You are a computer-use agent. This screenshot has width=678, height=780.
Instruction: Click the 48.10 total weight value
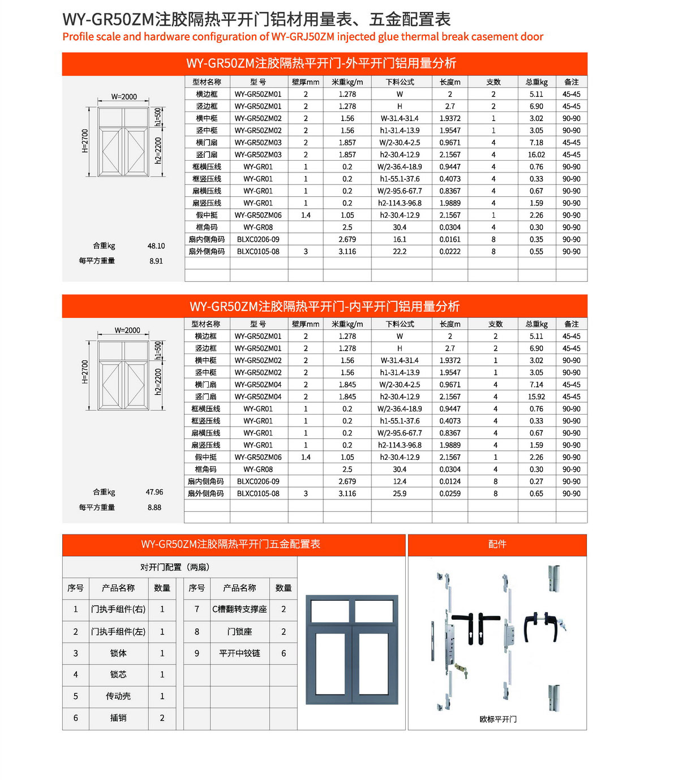156,246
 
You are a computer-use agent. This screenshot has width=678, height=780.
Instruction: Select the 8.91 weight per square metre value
156,261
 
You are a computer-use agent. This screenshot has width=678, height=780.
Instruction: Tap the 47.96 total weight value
155,492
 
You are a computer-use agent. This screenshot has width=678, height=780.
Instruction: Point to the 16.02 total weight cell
536,155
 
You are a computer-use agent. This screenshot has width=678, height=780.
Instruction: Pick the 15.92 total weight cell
536,397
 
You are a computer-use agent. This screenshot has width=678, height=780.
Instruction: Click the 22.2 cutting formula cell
400,252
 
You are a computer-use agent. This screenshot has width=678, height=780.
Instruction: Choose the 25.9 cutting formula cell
400,494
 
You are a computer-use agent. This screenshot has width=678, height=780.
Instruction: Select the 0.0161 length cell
450,240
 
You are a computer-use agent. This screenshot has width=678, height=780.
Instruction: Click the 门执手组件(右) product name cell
118,609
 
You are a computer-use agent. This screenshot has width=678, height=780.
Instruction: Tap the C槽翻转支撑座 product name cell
239,609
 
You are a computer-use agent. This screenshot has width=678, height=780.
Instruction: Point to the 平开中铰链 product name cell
239,653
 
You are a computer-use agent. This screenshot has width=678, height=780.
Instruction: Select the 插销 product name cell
118,718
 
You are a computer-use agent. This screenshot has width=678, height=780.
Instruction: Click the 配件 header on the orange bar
497,544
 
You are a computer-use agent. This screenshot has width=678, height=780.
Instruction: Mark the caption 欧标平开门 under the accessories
498,719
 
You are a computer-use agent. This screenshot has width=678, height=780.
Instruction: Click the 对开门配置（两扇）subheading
175,567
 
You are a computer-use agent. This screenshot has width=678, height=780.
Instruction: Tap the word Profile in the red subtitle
78,37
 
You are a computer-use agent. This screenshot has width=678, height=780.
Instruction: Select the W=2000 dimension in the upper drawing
124,97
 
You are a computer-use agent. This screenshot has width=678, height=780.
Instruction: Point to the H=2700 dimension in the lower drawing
85,372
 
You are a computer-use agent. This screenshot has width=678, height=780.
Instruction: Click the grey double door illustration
352,649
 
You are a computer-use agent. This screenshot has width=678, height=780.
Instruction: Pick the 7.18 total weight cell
536,143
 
